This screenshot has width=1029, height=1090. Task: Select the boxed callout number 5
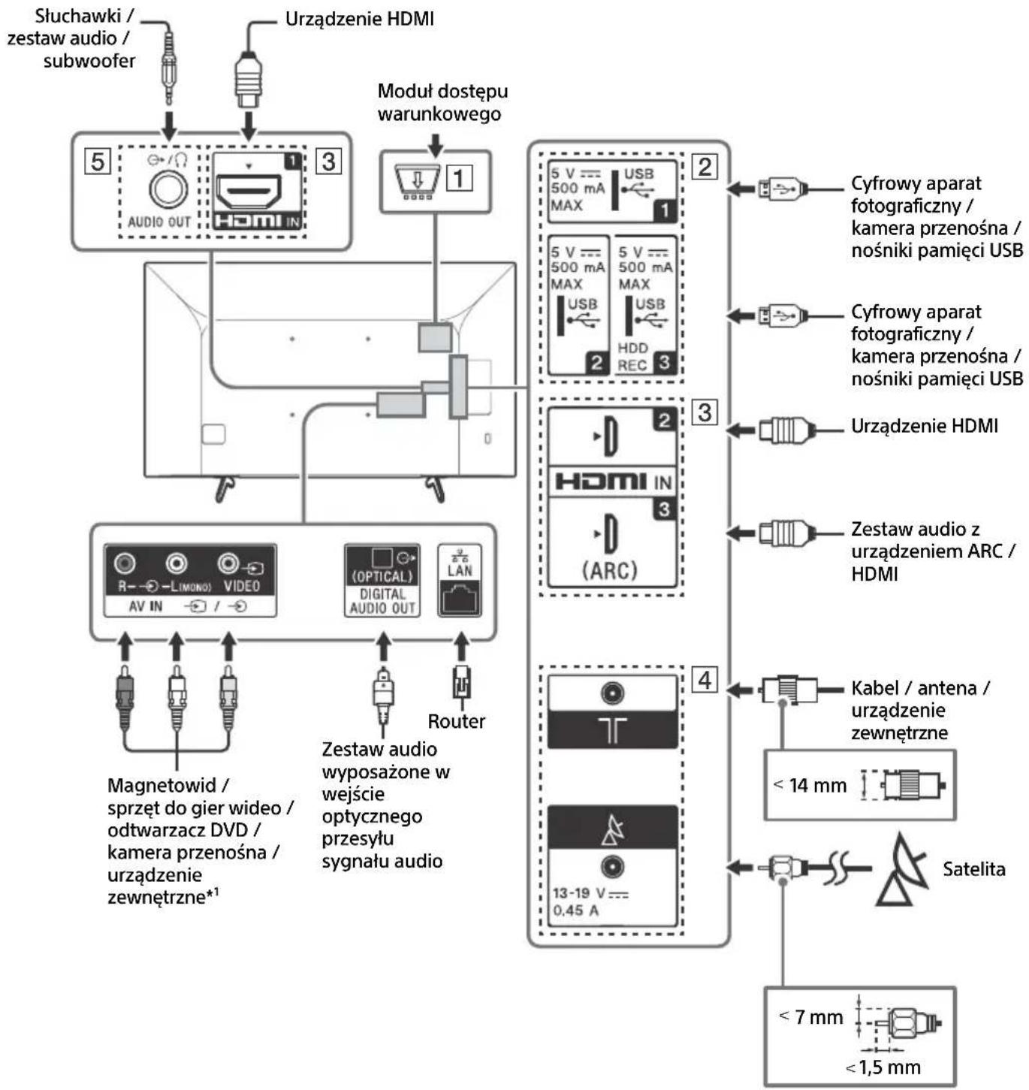(x=98, y=161)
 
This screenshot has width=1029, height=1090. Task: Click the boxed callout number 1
(x=460, y=178)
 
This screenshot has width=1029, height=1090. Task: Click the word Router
(x=456, y=721)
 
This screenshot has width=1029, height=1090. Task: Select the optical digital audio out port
(x=383, y=558)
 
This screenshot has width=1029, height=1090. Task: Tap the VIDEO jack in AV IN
(x=228, y=563)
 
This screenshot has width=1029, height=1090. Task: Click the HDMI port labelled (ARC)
(x=611, y=543)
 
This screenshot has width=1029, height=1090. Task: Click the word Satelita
(x=973, y=869)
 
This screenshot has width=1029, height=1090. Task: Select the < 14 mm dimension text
(x=810, y=785)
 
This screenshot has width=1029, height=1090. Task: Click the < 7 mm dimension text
(x=812, y=1017)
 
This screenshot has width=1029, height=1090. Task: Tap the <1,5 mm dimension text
(x=883, y=1067)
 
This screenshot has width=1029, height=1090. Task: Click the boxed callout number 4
(x=704, y=680)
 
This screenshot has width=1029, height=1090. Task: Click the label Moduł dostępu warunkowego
(x=442, y=102)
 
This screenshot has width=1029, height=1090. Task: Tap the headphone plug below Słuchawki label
(x=170, y=71)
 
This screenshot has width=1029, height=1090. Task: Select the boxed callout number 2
(x=705, y=166)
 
